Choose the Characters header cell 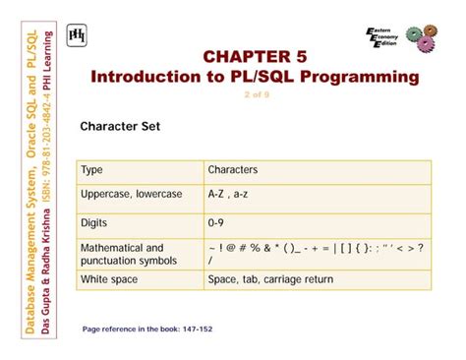point(233,170)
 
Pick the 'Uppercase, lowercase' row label point(132,195)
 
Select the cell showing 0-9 point(216,223)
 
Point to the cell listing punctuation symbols point(315,254)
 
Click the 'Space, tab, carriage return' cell point(270,280)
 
